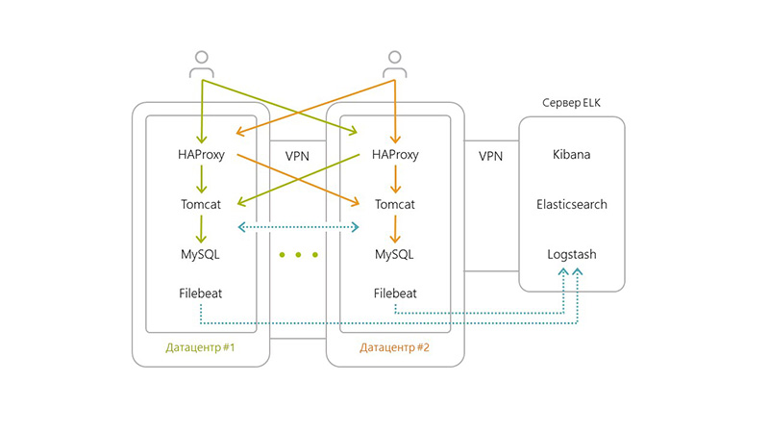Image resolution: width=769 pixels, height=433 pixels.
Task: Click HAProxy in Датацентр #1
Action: [x=201, y=155]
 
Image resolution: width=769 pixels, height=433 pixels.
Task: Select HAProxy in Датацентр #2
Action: [x=395, y=155]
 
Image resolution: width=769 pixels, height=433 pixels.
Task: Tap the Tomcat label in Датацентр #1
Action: [x=201, y=205]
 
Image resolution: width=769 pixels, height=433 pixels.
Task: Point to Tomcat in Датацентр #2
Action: [x=395, y=205]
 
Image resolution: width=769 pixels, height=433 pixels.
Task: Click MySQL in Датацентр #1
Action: [x=201, y=255]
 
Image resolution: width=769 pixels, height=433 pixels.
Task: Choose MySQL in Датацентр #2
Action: [x=395, y=255]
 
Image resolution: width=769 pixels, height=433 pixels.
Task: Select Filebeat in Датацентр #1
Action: [x=201, y=293]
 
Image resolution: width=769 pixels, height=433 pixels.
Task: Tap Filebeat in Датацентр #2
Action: [x=395, y=293]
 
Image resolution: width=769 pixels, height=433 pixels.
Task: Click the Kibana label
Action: [x=571, y=155]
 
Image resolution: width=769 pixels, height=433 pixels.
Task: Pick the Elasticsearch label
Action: [x=571, y=205]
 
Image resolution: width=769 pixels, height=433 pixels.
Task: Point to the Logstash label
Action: [x=571, y=255]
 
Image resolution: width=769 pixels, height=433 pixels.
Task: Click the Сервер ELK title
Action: [x=571, y=102]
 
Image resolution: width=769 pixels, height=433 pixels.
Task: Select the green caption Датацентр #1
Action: [x=201, y=346]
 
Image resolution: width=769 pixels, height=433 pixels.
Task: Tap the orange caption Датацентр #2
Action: [x=395, y=346]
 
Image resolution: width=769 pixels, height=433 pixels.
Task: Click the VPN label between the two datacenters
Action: [x=298, y=155]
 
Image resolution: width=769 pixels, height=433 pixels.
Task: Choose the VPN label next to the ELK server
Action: [x=492, y=155]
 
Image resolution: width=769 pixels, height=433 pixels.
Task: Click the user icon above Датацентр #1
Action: [x=201, y=64]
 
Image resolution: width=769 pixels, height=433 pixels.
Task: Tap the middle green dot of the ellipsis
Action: [x=298, y=256]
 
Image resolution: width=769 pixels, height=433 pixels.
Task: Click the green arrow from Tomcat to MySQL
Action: [x=201, y=230]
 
